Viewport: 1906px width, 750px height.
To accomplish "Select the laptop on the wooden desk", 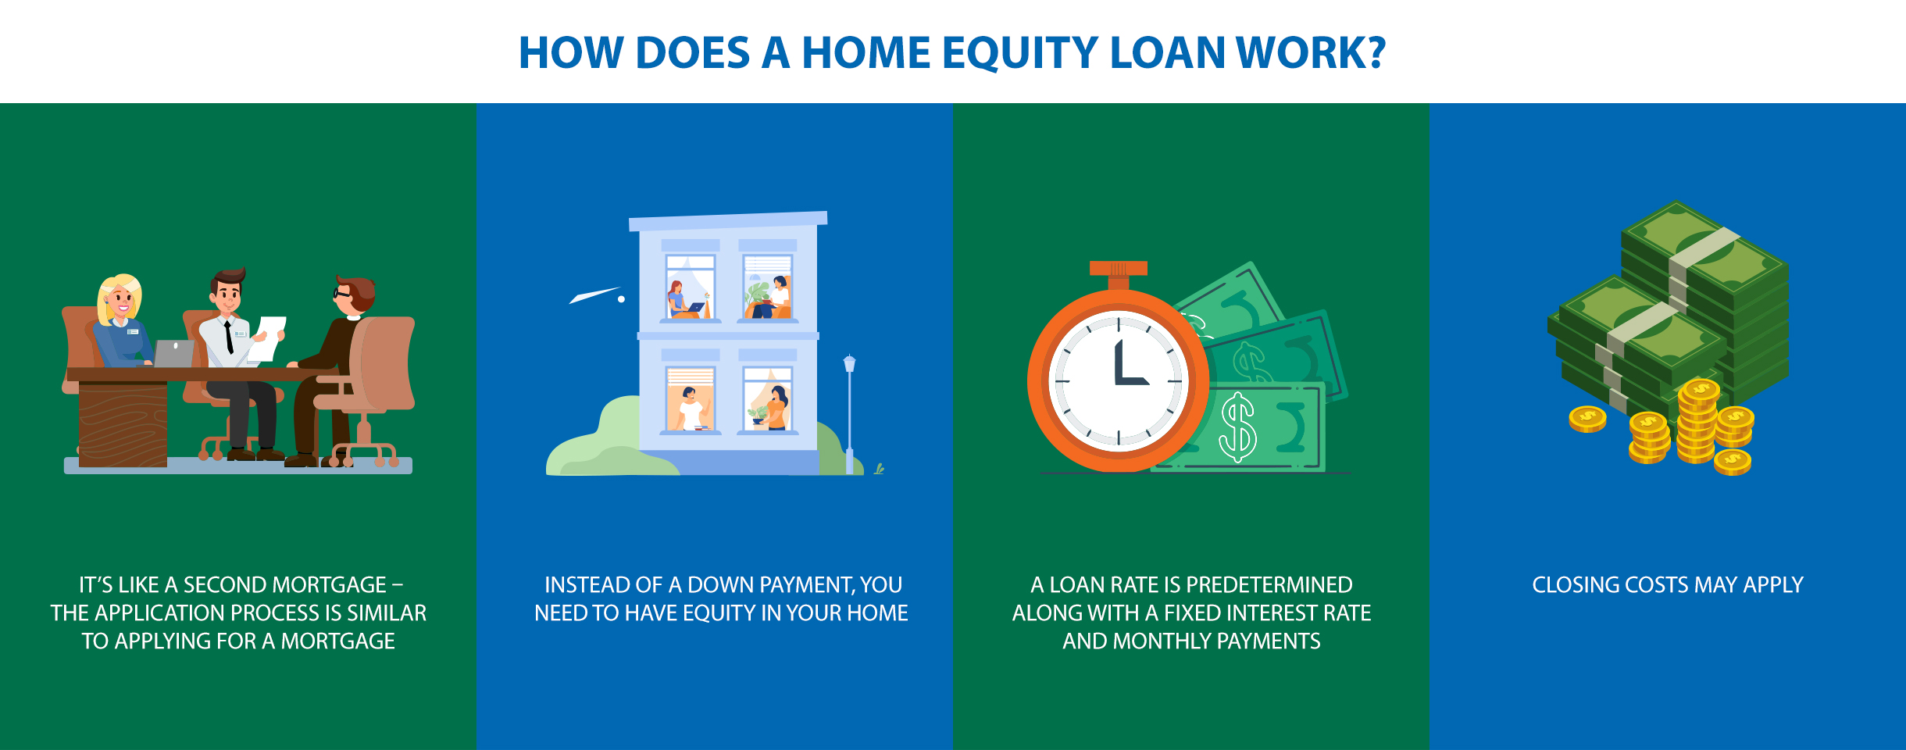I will click(173, 353).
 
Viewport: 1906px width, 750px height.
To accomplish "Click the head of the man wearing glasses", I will click(355, 294).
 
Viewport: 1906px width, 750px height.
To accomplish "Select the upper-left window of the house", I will click(690, 287).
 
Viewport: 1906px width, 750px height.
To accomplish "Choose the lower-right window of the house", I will click(767, 399).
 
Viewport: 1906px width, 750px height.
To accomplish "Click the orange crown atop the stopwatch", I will click(1119, 268).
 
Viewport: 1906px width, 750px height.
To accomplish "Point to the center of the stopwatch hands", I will click(1119, 381).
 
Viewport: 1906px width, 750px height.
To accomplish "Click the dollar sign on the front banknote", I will click(1238, 427).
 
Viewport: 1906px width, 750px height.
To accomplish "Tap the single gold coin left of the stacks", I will click(1587, 419).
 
